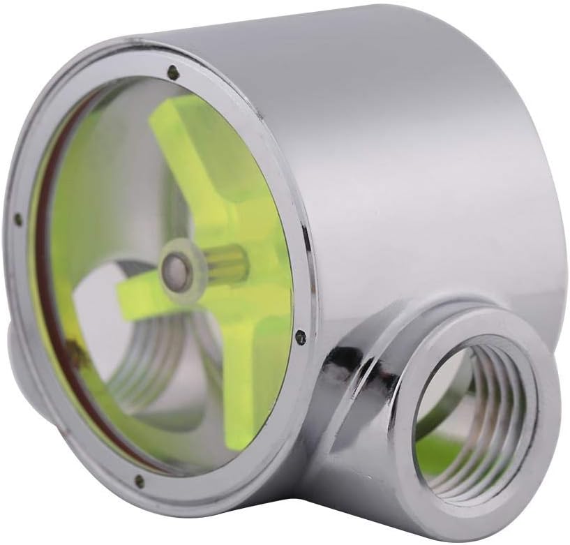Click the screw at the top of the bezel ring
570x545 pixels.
pyautogui.click(x=172, y=70)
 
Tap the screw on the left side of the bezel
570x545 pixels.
pyautogui.click(x=18, y=220)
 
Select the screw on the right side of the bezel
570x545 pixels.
pyautogui.click(x=300, y=337)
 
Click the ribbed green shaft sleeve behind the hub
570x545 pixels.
pyautogui.click(x=227, y=263)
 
